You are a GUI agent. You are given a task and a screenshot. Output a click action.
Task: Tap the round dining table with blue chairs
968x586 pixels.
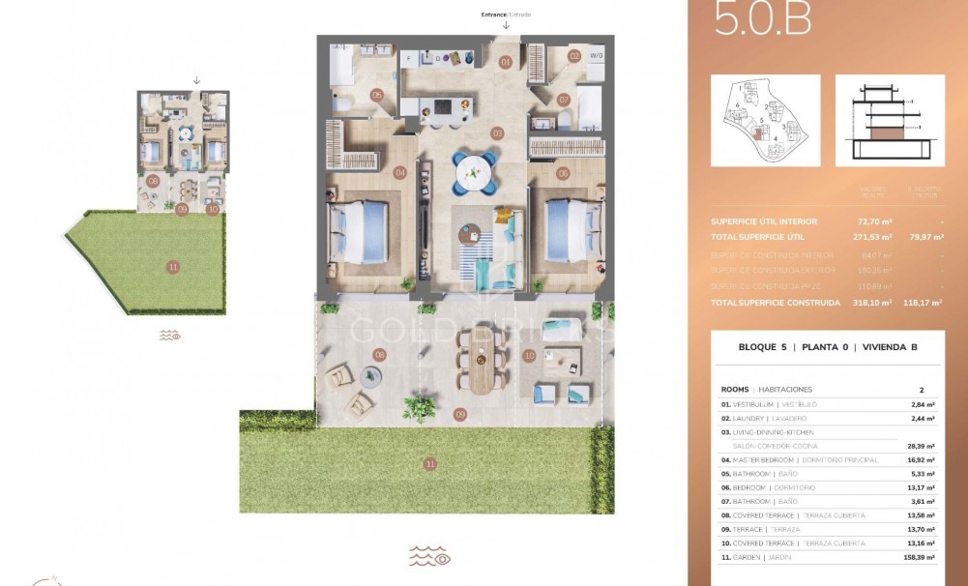(x=475, y=172)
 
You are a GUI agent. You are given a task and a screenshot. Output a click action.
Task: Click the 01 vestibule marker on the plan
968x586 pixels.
(x=505, y=62)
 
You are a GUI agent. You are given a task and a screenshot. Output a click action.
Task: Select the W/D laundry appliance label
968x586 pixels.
(x=597, y=56)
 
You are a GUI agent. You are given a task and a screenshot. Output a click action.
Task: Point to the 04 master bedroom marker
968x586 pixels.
(x=399, y=172)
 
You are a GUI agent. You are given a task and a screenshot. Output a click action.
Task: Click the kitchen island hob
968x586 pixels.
(x=442, y=105)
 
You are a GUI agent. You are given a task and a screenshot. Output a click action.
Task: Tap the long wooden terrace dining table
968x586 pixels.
(x=481, y=363)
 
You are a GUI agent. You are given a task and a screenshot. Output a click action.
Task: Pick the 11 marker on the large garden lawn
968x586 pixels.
(x=429, y=464)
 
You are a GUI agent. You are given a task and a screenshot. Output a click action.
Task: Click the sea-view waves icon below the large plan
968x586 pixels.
(x=429, y=557)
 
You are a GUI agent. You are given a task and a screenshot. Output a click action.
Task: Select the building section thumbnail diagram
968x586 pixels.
(x=889, y=121)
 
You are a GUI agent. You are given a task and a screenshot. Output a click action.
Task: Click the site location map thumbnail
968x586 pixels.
(x=765, y=121)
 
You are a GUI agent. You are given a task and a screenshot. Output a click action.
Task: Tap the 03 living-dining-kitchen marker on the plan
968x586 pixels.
(x=497, y=132)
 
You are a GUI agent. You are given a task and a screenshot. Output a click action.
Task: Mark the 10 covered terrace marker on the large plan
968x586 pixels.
(x=529, y=356)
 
